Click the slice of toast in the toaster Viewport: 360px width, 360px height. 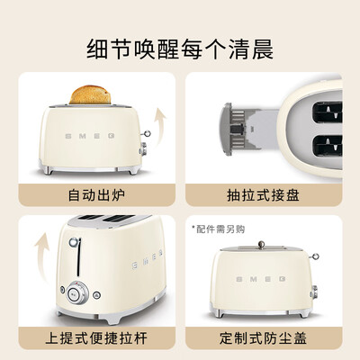click(90, 94)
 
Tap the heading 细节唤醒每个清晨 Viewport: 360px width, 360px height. click(180, 49)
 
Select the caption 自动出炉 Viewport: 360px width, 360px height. click(96, 195)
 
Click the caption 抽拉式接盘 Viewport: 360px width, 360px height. click(263, 195)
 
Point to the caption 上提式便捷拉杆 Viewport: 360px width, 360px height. click(96, 338)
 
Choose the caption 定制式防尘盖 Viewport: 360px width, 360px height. click(263, 338)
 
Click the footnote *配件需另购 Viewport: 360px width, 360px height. click(219, 229)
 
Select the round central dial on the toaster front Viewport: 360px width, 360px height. click(74, 292)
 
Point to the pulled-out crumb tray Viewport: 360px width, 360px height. click(250, 129)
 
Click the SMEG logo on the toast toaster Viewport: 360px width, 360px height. click(90, 136)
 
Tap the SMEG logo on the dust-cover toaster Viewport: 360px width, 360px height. click(261, 279)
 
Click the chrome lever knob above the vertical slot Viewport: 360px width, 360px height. click(74, 242)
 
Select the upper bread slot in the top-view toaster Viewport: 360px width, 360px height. click(328, 112)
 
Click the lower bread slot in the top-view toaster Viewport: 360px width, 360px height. click(328, 146)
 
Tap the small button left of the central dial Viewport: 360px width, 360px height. click(62, 290)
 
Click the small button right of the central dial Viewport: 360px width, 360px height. click(96, 295)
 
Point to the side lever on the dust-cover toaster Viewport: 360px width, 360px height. click(314, 256)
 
